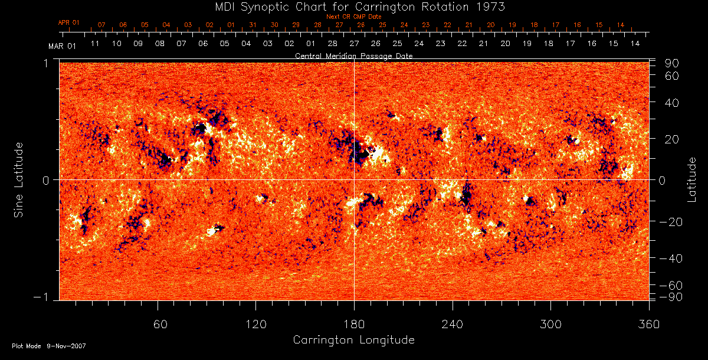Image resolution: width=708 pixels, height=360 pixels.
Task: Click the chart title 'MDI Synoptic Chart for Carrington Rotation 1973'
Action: point(353,6)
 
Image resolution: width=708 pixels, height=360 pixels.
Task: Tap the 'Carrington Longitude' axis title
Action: point(353,340)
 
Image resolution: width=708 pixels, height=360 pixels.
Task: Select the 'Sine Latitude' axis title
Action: point(19,179)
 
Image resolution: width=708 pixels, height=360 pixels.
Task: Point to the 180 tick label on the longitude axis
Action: point(354,324)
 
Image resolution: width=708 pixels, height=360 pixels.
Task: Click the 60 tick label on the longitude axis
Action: point(158,324)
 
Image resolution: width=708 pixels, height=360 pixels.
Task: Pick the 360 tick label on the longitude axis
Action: point(648,324)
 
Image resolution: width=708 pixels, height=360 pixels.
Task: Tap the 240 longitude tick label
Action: point(452,324)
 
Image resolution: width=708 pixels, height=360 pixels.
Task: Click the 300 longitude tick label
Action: point(550,324)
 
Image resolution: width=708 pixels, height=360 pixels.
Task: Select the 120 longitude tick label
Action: point(256,324)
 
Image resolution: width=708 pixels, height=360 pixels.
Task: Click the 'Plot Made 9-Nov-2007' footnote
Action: point(49,346)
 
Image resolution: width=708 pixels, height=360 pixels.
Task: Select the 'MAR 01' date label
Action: point(62,45)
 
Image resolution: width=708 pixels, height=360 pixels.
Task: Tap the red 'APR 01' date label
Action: point(68,22)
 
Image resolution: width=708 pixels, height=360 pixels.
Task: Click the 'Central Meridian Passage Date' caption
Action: point(353,55)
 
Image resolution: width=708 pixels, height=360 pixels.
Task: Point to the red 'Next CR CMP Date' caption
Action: point(353,17)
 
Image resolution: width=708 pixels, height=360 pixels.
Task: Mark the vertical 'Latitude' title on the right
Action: point(691,179)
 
